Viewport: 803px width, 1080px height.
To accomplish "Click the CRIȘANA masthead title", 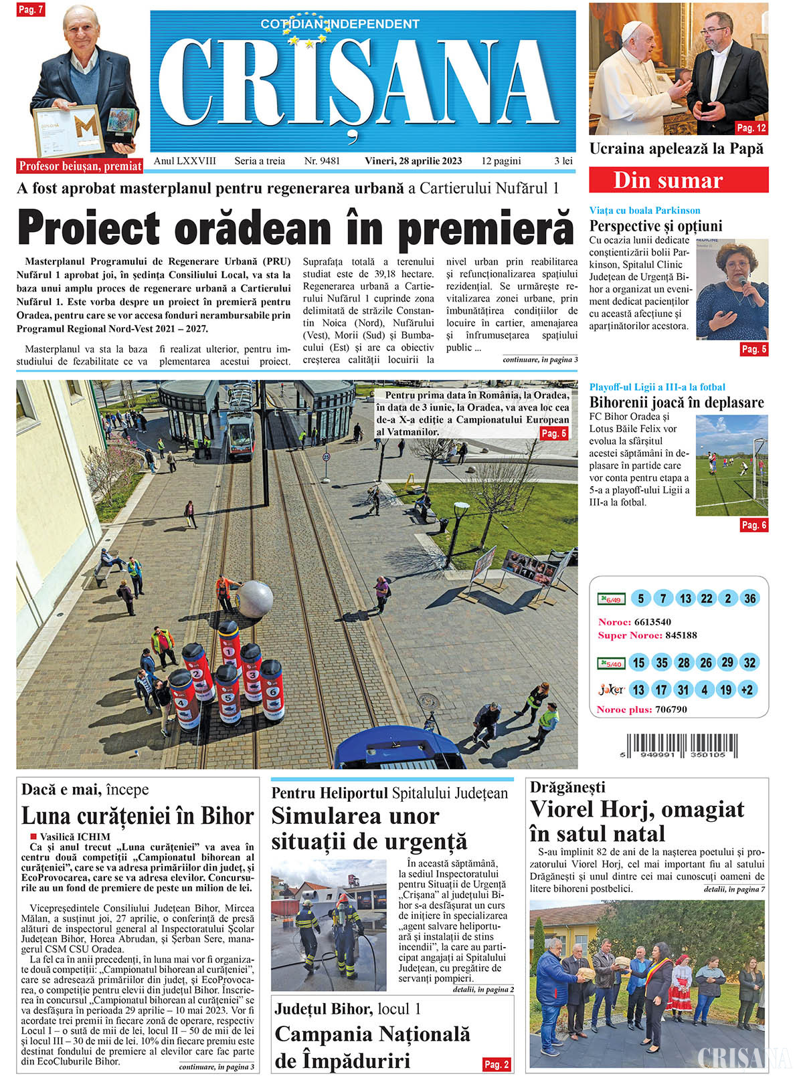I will click(x=362, y=84).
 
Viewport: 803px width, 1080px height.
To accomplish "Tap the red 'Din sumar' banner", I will click(x=678, y=181).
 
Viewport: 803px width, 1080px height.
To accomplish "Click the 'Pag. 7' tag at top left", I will click(x=31, y=9).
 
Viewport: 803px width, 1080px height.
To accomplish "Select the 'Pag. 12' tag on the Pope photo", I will click(x=751, y=128).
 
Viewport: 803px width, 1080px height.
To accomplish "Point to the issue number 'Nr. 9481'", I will click(x=322, y=161).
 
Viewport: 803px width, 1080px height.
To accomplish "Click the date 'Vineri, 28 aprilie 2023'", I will click(x=413, y=161).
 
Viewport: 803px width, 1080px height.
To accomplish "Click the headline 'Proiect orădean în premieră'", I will click(x=295, y=228).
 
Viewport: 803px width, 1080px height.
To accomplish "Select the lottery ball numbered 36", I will click(x=749, y=599).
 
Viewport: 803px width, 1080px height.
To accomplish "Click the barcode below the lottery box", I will click(x=682, y=746).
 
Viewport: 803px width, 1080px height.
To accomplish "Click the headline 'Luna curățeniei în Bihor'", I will click(x=137, y=817).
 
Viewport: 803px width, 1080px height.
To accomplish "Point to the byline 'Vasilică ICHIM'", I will click(x=74, y=837).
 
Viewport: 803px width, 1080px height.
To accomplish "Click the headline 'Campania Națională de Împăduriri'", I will click(x=372, y=1047).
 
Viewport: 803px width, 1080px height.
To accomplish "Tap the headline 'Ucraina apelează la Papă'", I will click(x=676, y=148).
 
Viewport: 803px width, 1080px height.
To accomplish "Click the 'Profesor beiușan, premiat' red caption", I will click(x=80, y=166).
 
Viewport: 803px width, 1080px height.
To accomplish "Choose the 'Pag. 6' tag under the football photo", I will click(x=753, y=525).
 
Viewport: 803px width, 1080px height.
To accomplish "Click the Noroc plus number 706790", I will click(x=671, y=710).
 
